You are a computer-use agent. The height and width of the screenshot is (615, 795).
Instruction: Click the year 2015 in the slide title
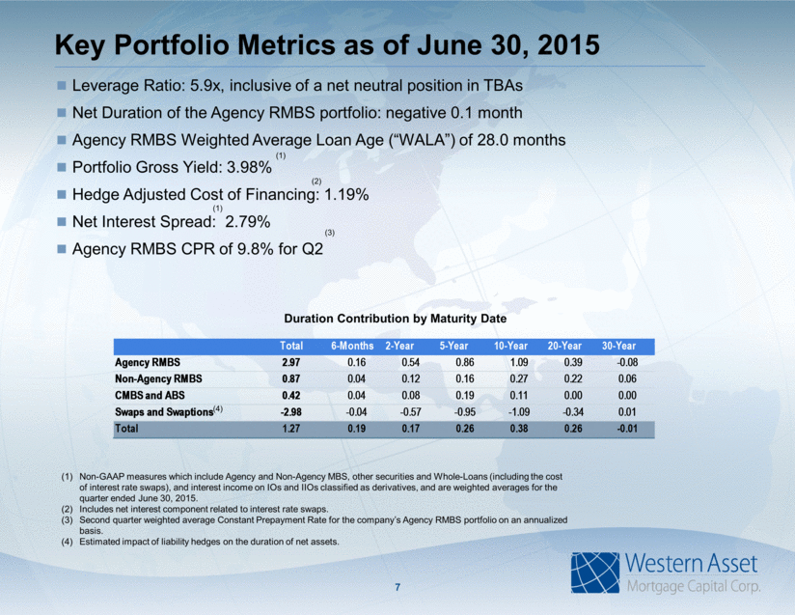[x=568, y=45]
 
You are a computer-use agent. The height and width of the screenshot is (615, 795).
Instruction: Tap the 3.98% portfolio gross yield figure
[x=249, y=167]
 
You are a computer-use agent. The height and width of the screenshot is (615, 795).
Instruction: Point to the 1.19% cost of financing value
[x=346, y=195]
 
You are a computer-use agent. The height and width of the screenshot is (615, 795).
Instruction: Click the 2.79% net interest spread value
[x=247, y=222]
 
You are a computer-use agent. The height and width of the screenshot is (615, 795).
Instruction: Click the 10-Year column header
[x=510, y=346]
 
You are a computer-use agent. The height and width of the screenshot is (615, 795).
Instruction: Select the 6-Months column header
[x=352, y=346]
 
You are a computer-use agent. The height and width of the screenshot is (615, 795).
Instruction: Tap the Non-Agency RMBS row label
[x=158, y=379]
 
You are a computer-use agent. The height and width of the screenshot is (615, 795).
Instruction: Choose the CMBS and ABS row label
[x=150, y=395]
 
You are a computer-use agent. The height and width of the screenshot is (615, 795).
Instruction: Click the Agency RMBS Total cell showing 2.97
[x=291, y=362]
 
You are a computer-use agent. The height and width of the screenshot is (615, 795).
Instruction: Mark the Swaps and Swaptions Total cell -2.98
[x=291, y=412]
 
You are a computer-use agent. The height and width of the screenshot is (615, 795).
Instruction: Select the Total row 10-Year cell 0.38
[x=519, y=429]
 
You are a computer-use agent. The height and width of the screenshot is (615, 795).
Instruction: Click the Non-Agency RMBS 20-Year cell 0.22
[x=573, y=379]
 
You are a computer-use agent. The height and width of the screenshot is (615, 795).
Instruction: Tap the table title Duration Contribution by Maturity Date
[x=395, y=319]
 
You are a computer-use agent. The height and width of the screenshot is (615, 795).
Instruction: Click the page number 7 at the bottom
[x=397, y=588]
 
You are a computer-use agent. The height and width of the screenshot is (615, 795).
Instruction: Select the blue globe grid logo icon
[x=595, y=573]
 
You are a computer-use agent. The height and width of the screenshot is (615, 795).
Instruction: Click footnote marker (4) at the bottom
[x=67, y=542]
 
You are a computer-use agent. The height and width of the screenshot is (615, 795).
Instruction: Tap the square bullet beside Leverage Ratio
[x=62, y=85]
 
